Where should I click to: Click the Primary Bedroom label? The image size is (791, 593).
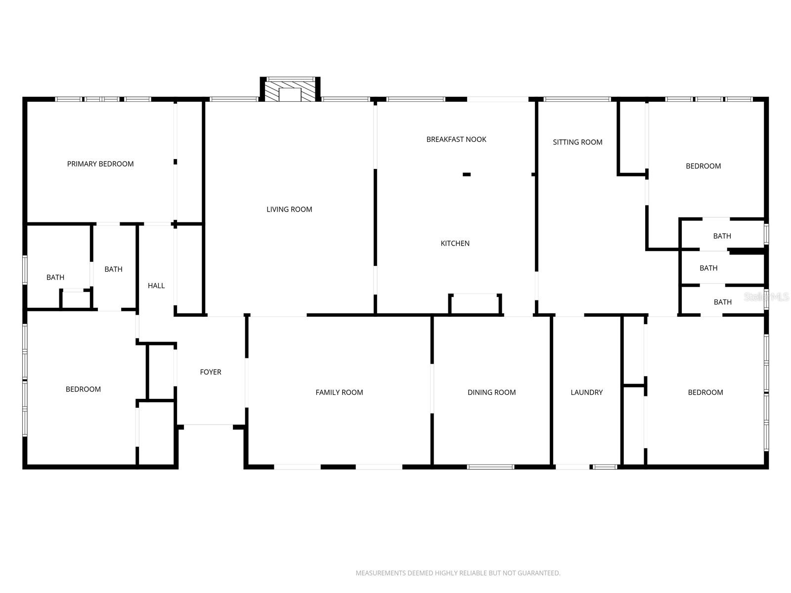(x=100, y=164)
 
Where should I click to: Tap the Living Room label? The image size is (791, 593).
(x=289, y=210)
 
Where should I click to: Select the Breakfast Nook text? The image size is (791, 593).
(x=456, y=139)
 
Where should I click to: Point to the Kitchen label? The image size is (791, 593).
(x=455, y=243)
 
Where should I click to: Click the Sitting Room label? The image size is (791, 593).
(x=577, y=142)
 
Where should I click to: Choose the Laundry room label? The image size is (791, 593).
(x=586, y=392)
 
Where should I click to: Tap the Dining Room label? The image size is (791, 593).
(x=491, y=392)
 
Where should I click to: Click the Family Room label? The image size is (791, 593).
(x=339, y=392)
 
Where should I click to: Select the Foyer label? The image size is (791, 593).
(x=211, y=372)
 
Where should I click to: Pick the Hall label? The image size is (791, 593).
(x=156, y=286)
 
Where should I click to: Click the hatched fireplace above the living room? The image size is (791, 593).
(x=290, y=91)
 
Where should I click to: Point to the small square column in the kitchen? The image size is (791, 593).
(x=466, y=174)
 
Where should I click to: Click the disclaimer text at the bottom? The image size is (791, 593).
(x=458, y=573)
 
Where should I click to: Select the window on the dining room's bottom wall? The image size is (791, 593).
(x=491, y=466)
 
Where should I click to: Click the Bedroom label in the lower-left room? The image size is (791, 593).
(x=83, y=389)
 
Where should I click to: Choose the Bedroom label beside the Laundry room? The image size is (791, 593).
(x=705, y=392)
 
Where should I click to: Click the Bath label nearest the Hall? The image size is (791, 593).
(x=113, y=269)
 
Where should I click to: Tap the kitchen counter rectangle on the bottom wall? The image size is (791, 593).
(x=475, y=304)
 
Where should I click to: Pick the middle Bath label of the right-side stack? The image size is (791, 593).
(x=708, y=268)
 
